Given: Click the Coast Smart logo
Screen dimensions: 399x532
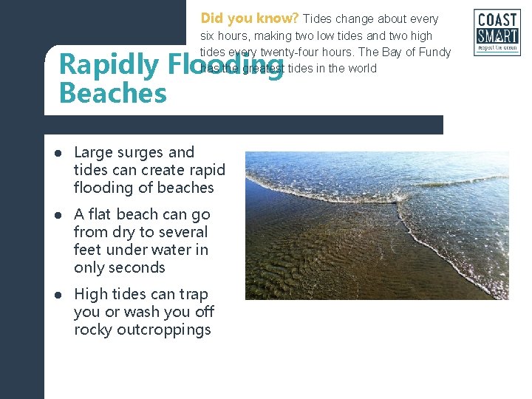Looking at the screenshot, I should click(x=497, y=33).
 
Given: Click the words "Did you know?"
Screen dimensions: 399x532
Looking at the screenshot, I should click(x=250, y=18).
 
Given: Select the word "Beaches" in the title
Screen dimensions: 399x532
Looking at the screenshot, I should click(x=112, y=94).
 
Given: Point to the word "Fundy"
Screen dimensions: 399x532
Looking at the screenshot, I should click(x=436, y=52).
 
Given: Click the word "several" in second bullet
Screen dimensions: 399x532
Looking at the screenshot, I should click(x=181, y=232).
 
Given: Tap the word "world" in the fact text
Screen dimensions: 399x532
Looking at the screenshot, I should click(x=362, y=69).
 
